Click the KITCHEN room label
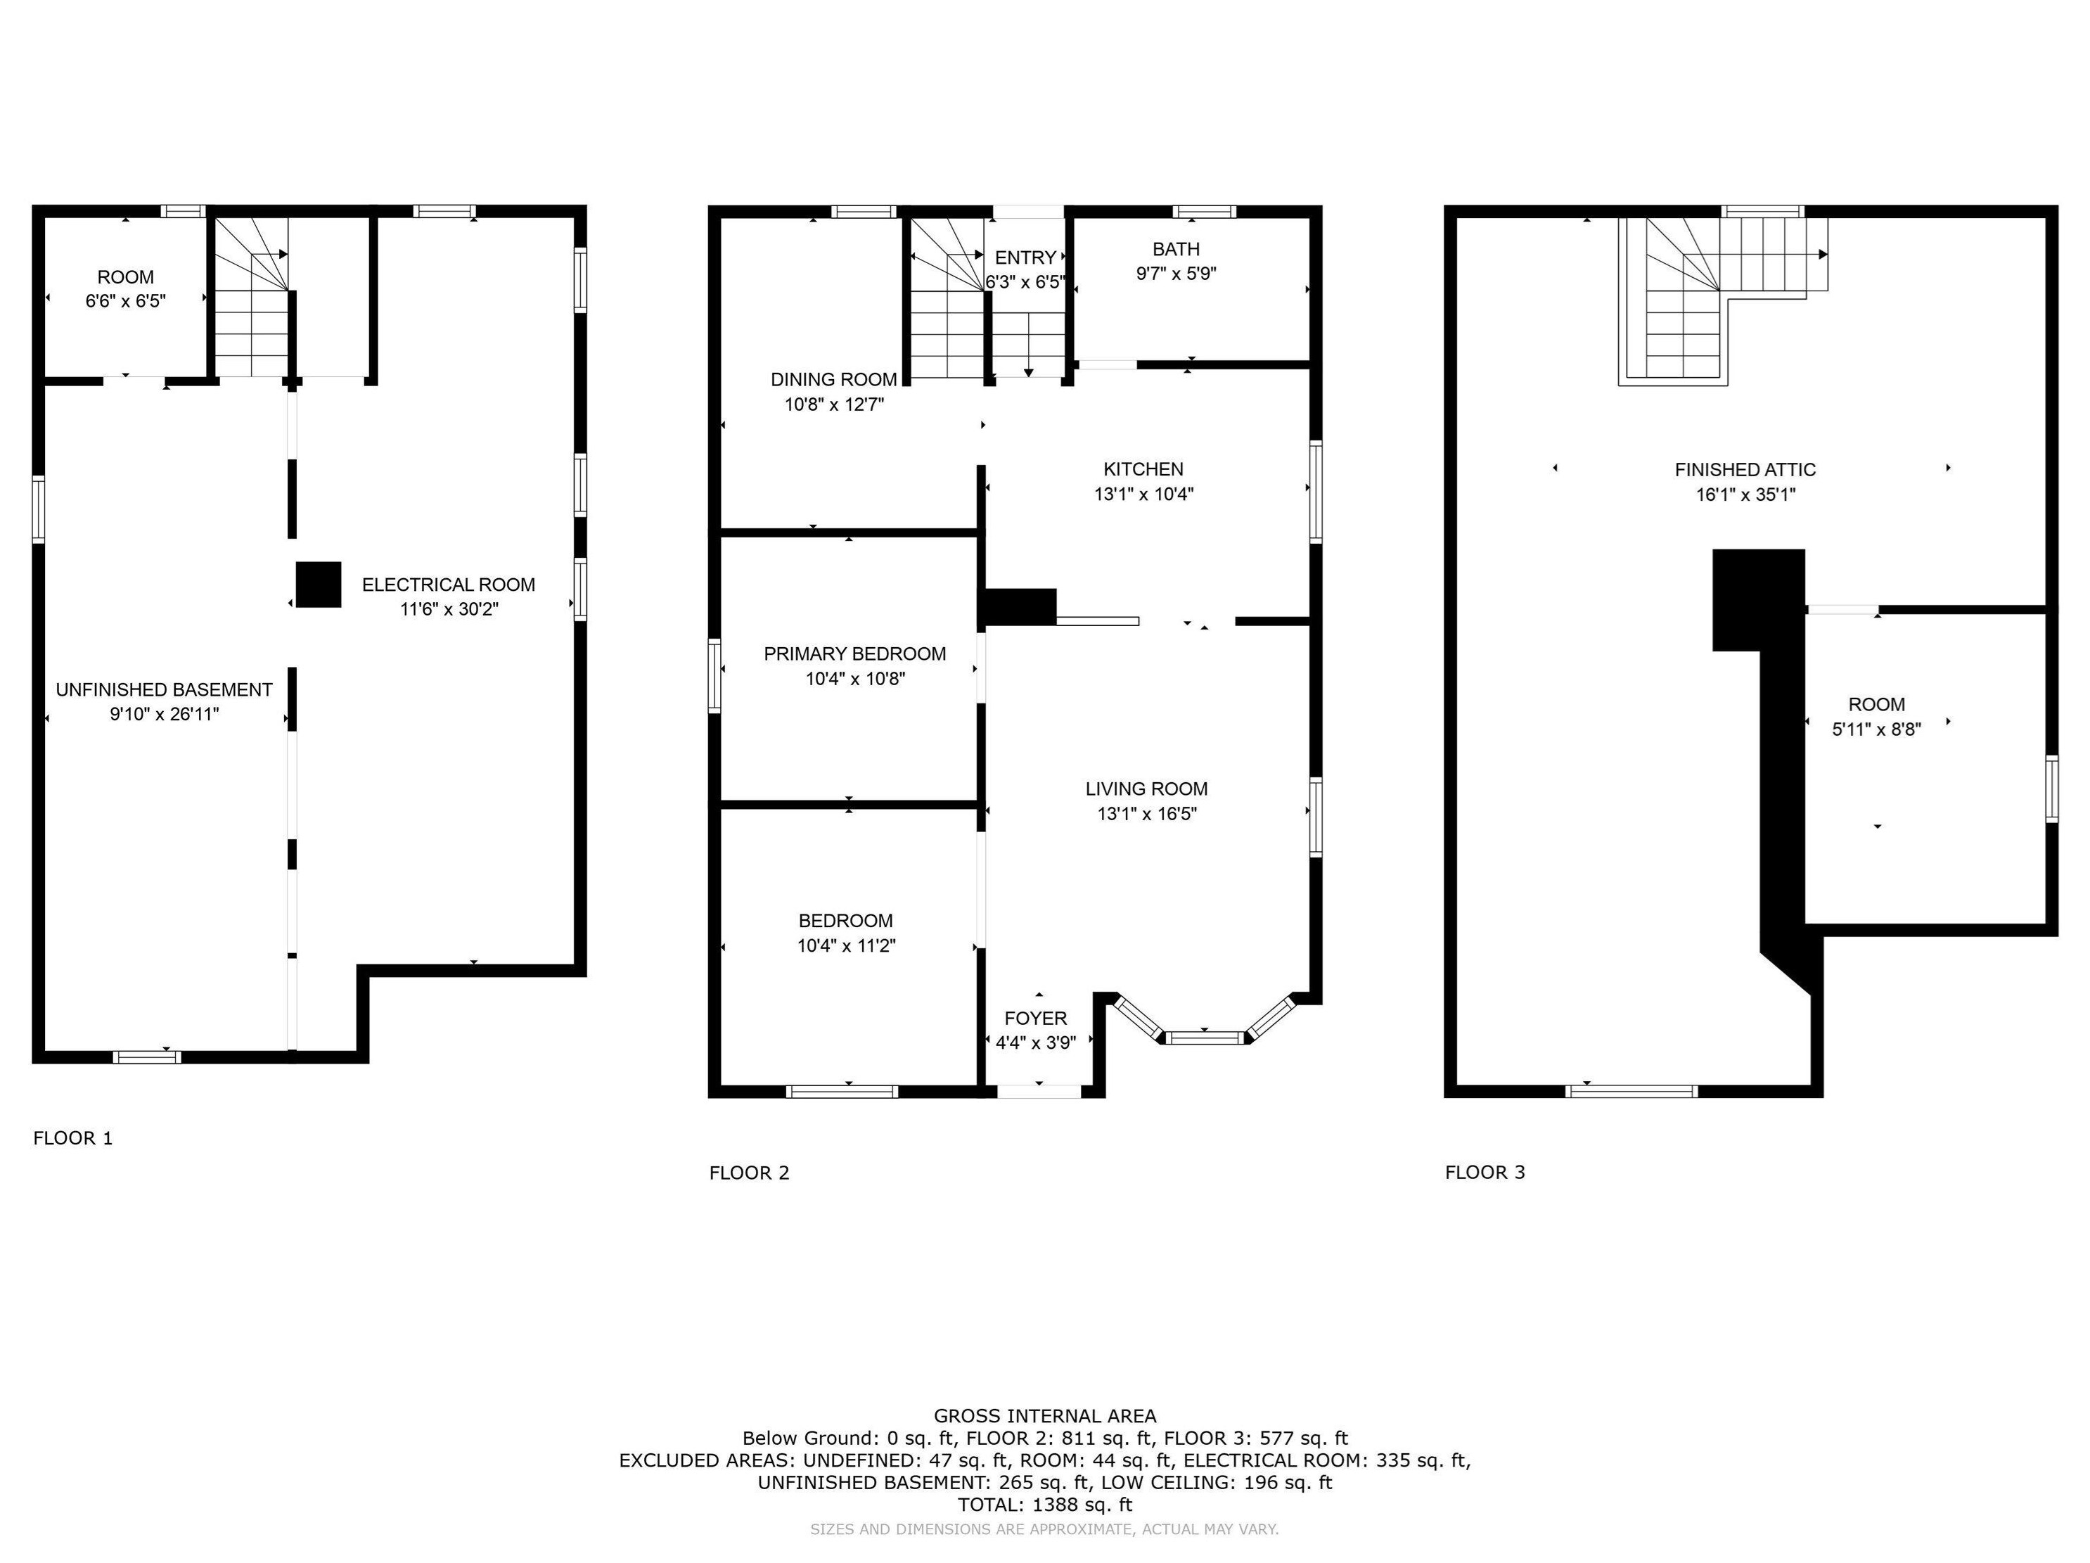[x=1143, y=468]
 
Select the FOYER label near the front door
[x=1036, y=1018]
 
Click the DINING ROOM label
[x=833, y=380]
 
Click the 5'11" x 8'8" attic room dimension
[x=1876, y=729]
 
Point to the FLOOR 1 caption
[x=72, y=1137]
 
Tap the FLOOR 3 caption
[x=1485, y=1172]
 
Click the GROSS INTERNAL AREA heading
[x=1044, y=1415]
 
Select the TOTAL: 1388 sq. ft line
[x=1044, y=1505]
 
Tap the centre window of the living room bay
[x=1205, y=1038]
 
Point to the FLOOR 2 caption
[x=748, y=1173]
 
